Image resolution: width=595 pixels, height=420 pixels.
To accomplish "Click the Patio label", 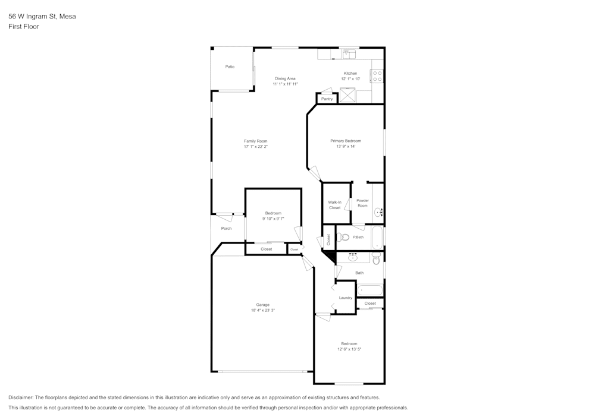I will click(x=230, y=67).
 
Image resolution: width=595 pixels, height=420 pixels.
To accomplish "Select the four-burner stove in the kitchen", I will click(x=377, y=76).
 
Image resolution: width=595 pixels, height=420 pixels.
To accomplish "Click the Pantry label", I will click(x=326, y=99).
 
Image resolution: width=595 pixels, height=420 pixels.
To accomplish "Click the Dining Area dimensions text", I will click(x=285, y=84).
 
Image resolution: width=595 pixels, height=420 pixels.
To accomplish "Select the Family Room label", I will click(x=255, y=141).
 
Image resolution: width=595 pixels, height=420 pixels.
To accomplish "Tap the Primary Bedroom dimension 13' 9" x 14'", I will click(x=346, y=147).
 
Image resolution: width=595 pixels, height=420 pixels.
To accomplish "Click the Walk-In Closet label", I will click(x=334, y=205).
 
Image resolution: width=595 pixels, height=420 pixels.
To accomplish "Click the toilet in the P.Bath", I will click(x=342, y=238).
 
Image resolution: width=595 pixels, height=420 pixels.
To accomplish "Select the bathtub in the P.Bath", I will click(x=377, y=238).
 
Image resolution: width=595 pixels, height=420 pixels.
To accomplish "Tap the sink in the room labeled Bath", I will click(x=353, y=257).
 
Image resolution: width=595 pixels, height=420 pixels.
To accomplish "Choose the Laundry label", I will click(x=345, y=298).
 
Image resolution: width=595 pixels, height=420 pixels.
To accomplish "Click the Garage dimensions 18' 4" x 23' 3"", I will click(x=262, y=310).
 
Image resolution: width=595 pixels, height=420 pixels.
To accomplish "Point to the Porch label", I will click(x=226, y=228).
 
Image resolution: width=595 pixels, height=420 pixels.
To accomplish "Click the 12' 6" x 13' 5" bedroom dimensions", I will click(x=349, y=349).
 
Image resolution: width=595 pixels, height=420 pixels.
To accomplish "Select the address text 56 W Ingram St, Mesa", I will click(x=42, y=17).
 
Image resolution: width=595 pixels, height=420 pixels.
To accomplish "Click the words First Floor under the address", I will click(x=24, y=27).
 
